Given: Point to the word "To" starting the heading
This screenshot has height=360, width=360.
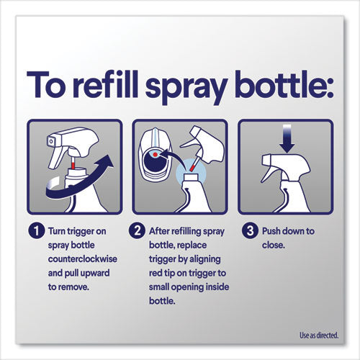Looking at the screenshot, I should point(51,85).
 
